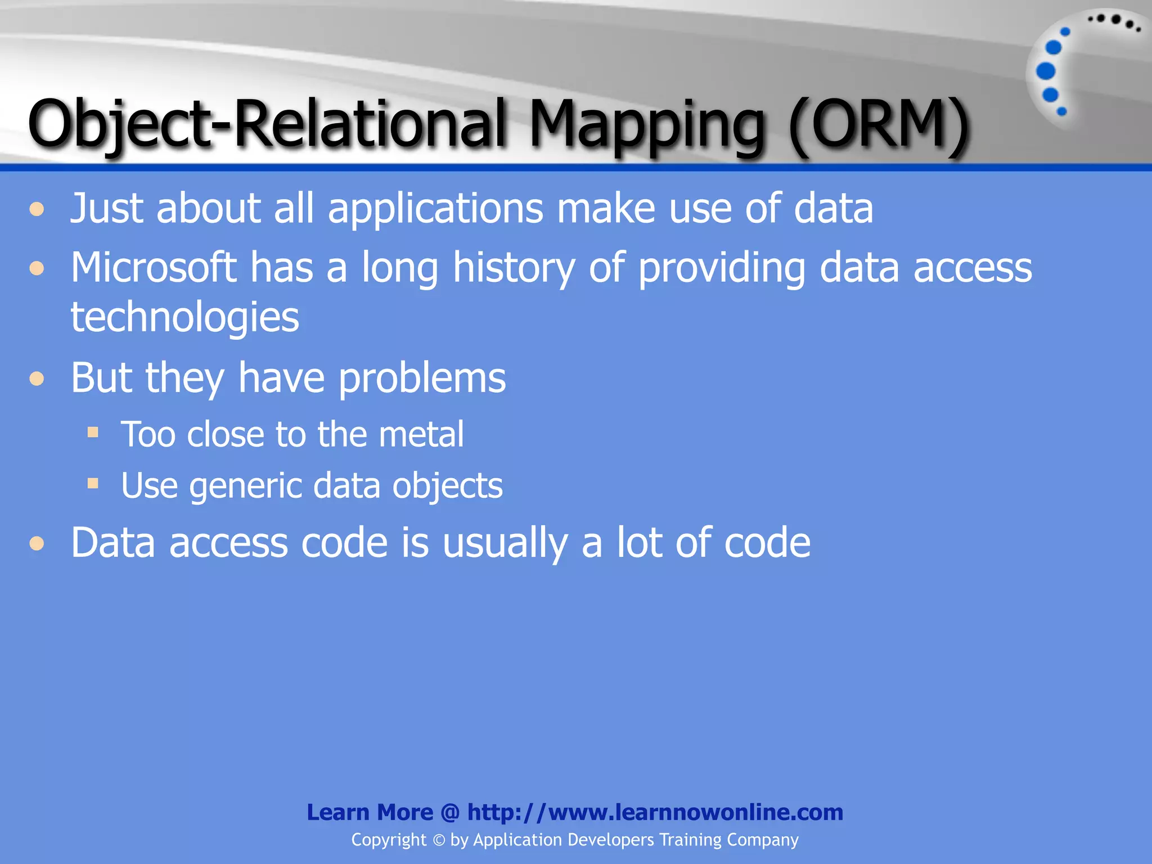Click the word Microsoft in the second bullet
154,267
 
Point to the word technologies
185,317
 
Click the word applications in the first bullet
435,208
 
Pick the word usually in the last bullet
505,543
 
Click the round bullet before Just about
37,209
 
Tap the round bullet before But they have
37,379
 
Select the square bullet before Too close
93,433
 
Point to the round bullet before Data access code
37,543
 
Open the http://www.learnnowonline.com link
655,812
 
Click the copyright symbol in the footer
439,840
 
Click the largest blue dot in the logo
1046,71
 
